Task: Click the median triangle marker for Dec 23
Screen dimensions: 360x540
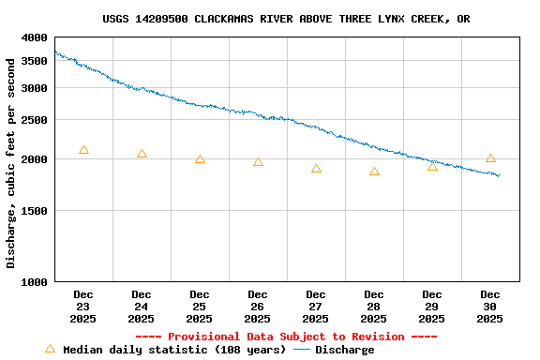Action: [x=83, y=150]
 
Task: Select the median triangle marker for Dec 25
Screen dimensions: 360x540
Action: [x=200, y=159]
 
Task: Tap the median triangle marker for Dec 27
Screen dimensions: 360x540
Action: [x=316, y=169]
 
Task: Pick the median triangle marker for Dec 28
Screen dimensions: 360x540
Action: [x=374, y=172]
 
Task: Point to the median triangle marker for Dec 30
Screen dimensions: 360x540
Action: [x=490, y=158]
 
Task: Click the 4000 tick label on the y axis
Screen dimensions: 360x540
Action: [x=35, y=37]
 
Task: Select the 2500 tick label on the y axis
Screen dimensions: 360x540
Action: [x=35, y=120]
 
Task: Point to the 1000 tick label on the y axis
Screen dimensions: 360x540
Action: [x=35, y=282]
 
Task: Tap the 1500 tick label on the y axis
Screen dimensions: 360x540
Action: [x=35, y=211]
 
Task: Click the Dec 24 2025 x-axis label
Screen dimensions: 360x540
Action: [x=142, y=307]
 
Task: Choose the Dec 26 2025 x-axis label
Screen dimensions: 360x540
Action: [x=258, y=307]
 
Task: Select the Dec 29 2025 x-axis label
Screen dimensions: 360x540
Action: [x=432, y=307]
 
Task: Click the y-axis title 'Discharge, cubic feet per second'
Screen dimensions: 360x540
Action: [x=11, y=162]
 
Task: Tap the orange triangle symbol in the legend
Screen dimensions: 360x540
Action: [x=50, y=349]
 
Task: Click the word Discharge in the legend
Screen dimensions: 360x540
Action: [x=344, y=351]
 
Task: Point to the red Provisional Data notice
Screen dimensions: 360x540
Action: [x=286, y=337]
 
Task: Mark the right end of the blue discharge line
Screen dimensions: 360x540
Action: [x=500, y=175]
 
